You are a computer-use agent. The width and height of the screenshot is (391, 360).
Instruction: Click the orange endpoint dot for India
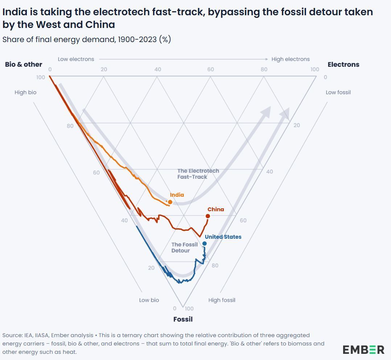[170, 202]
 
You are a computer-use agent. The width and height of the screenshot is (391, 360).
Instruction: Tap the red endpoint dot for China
[208, 216]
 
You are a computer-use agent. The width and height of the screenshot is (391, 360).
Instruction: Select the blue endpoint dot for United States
[205, 244]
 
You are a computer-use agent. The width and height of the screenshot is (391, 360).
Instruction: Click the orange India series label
[177, 195]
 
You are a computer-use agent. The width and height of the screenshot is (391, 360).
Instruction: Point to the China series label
[216, 209]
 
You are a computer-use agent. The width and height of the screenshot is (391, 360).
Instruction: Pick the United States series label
[223, 237]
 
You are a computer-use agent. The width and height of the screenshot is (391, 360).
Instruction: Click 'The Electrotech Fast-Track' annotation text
[198, 174]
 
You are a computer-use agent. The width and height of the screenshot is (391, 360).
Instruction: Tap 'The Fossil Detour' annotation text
[184, 247]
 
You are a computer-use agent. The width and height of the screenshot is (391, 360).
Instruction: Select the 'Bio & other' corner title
[24, 64]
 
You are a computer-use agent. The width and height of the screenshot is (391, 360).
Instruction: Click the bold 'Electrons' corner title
[343, 64]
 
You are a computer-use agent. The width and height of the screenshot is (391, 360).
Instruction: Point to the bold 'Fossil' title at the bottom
[183, 319]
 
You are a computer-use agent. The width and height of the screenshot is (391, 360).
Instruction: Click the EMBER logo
[363, 349]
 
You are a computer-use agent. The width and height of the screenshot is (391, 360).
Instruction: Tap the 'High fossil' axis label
[222, 300]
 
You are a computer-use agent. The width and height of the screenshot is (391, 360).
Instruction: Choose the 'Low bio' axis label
[149, 300]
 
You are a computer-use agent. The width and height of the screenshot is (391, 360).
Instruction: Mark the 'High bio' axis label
[25, 92]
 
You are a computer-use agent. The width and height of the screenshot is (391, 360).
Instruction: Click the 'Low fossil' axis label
[338, 92]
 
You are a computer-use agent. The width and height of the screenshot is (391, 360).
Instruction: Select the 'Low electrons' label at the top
[76, 59]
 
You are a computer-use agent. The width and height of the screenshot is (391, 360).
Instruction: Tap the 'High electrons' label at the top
[291, 59]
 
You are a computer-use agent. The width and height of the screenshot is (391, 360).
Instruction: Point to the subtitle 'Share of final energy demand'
[58, 40]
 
